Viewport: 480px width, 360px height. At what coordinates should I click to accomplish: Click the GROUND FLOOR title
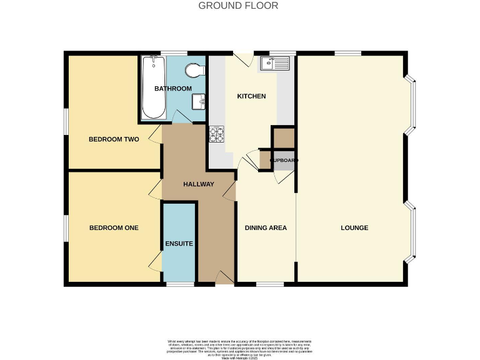(238, 6)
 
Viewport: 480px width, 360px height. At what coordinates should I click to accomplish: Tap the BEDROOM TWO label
(113, 139)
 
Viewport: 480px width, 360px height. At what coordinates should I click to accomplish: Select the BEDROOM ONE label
(113, 228)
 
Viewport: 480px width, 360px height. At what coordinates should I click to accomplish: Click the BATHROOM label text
(173, 89)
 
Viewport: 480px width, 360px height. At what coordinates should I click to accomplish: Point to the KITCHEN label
(251, 96)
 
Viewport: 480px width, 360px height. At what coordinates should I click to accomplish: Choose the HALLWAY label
(199, 184)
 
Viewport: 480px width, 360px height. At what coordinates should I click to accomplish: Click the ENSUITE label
(179, 243)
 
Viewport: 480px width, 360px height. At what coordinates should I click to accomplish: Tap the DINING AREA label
(266, 228)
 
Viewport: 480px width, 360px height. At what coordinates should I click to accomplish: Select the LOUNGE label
(354, 228)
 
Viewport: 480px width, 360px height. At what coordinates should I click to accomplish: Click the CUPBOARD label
(284, 161)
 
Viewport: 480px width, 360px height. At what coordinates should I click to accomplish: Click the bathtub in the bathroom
(154, 87)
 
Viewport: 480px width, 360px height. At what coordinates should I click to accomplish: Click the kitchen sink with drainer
(276, 62)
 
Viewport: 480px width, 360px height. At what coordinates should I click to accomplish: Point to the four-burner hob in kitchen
(216, 133)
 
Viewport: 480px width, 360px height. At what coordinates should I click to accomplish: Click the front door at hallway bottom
(224, 279)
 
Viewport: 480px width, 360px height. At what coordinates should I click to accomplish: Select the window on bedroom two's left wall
(65, 121)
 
